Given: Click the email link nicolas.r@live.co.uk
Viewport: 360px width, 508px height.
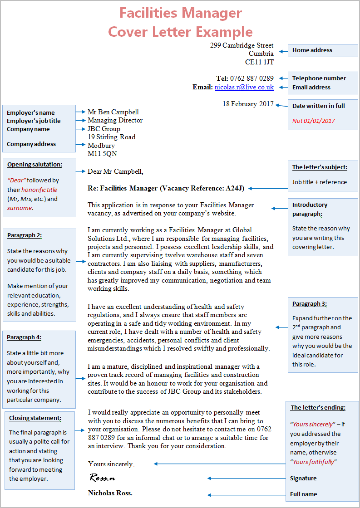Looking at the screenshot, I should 244,87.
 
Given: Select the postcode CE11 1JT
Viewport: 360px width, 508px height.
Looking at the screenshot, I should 259,62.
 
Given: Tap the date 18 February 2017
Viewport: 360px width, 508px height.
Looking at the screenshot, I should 248,104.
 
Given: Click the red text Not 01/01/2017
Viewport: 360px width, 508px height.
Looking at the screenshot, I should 314,121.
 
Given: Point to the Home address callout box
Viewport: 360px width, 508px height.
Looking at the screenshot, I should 323,50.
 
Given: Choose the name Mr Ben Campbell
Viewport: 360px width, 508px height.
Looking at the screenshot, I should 113,112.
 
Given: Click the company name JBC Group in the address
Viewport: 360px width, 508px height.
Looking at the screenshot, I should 104,129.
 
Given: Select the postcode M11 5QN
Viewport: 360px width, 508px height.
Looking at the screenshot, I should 102,154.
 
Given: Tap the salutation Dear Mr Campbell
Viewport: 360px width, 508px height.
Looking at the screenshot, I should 115,171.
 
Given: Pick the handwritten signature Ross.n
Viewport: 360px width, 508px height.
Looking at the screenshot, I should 102,478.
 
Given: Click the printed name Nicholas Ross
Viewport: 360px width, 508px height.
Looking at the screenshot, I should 110,493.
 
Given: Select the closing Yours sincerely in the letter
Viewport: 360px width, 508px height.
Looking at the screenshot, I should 111,464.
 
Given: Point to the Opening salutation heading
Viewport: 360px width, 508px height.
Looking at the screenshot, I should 35,165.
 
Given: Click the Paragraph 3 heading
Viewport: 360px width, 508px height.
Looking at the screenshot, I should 309,304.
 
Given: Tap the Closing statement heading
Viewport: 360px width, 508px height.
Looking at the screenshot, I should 35,418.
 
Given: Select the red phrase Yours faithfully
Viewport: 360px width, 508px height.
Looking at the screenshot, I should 314,462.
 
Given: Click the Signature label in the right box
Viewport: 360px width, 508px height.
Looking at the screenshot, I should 303,478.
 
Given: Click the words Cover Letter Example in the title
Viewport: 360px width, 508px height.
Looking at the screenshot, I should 180,32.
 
